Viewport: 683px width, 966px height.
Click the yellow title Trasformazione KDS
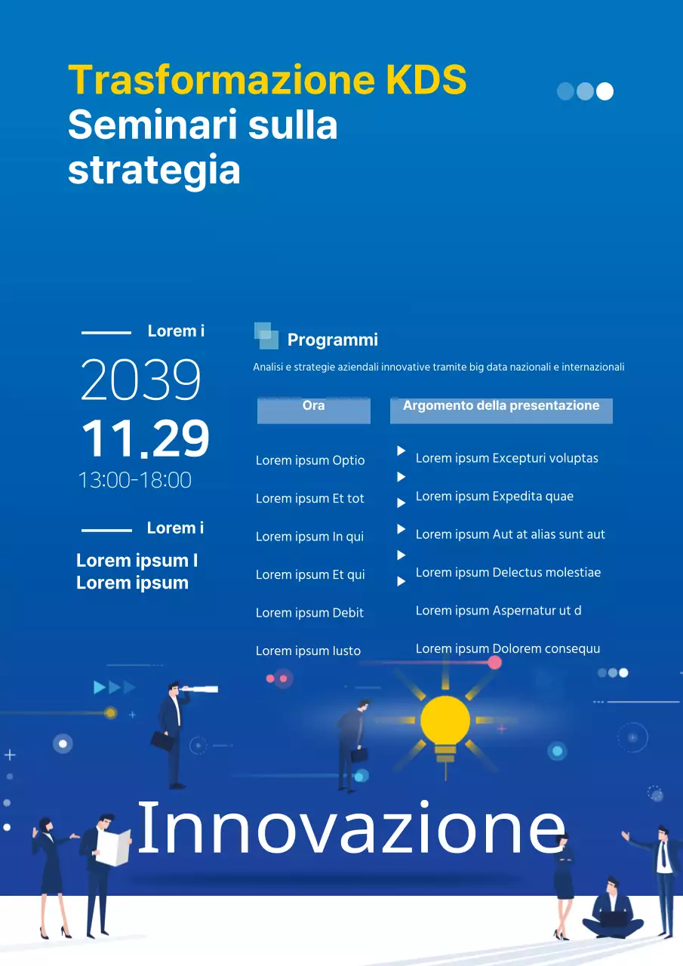click(x=267, y=80)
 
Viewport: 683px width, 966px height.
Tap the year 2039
click(x=141, y=380)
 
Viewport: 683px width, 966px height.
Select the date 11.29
click(x=145, y=439)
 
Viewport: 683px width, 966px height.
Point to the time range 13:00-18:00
click(x=135, y=480)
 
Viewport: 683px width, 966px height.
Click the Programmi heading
click(x=332, y=340)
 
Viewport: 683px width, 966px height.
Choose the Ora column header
click(x=313, y=406)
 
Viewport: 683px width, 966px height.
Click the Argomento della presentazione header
click(x=500, y=406)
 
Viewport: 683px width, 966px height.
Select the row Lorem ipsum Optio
click(x=310, y=460)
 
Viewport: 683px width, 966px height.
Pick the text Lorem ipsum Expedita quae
click(x=494, y=497)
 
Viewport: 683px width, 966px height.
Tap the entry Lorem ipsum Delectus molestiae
click(x=508, y=573)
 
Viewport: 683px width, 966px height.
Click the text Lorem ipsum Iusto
click(x=308, y=651)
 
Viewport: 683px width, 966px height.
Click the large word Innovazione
click(x=351, y=828)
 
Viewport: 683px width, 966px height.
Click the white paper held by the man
click(x=113, y=848)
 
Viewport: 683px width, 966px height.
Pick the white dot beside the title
click(x=605, y=91)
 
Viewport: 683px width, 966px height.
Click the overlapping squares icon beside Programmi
click(x=266, y=336)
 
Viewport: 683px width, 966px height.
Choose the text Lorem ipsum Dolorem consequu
click(x=508, y=649)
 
